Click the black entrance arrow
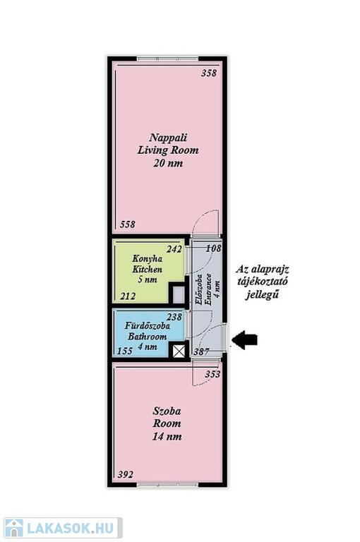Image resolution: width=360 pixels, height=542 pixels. [244, 339]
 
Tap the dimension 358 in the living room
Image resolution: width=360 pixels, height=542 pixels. [209, 73]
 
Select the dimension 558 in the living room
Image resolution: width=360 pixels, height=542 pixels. [128, 224]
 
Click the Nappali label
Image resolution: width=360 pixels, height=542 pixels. [168, 138]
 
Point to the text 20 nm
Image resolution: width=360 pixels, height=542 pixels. [168, 163]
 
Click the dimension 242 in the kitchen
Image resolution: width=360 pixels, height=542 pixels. [174, 249]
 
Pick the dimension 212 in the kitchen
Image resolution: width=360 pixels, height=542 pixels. [128, 296]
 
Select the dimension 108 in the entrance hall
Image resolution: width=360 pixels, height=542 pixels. [213, 248]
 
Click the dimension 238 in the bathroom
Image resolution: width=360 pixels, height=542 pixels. [174, 317]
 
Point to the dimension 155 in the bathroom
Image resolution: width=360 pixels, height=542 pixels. [125, 351]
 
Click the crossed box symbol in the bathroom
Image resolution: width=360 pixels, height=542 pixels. [179, 351]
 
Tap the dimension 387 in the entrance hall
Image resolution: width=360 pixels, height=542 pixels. [201, 351]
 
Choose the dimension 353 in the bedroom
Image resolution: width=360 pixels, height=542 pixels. [212, 374]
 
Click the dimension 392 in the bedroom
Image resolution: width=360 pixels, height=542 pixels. [125, 474]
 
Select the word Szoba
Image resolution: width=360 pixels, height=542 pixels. [167, 411]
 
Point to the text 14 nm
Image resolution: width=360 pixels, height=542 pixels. [167, 437]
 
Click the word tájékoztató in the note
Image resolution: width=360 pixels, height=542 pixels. [263, 282]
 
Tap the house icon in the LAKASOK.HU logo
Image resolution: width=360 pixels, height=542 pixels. [13, 528]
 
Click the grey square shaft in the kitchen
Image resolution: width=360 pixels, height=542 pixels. [179, 295]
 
